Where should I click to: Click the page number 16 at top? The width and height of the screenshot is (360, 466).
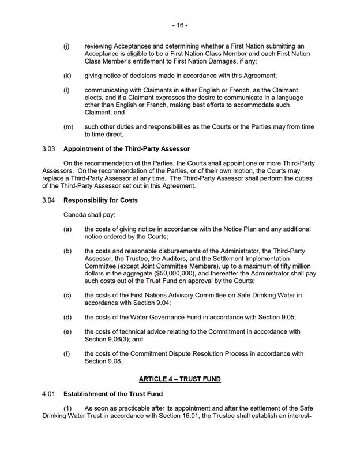(x=179, y=25)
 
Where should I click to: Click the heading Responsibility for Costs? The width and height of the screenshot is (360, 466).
(x=100, y=200)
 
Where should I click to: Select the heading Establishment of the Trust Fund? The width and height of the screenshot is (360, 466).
(x=113, y=394)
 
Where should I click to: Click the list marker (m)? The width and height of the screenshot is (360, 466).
(x=67, y=126)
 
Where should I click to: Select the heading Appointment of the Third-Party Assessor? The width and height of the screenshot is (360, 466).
(x=127, y=149)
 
